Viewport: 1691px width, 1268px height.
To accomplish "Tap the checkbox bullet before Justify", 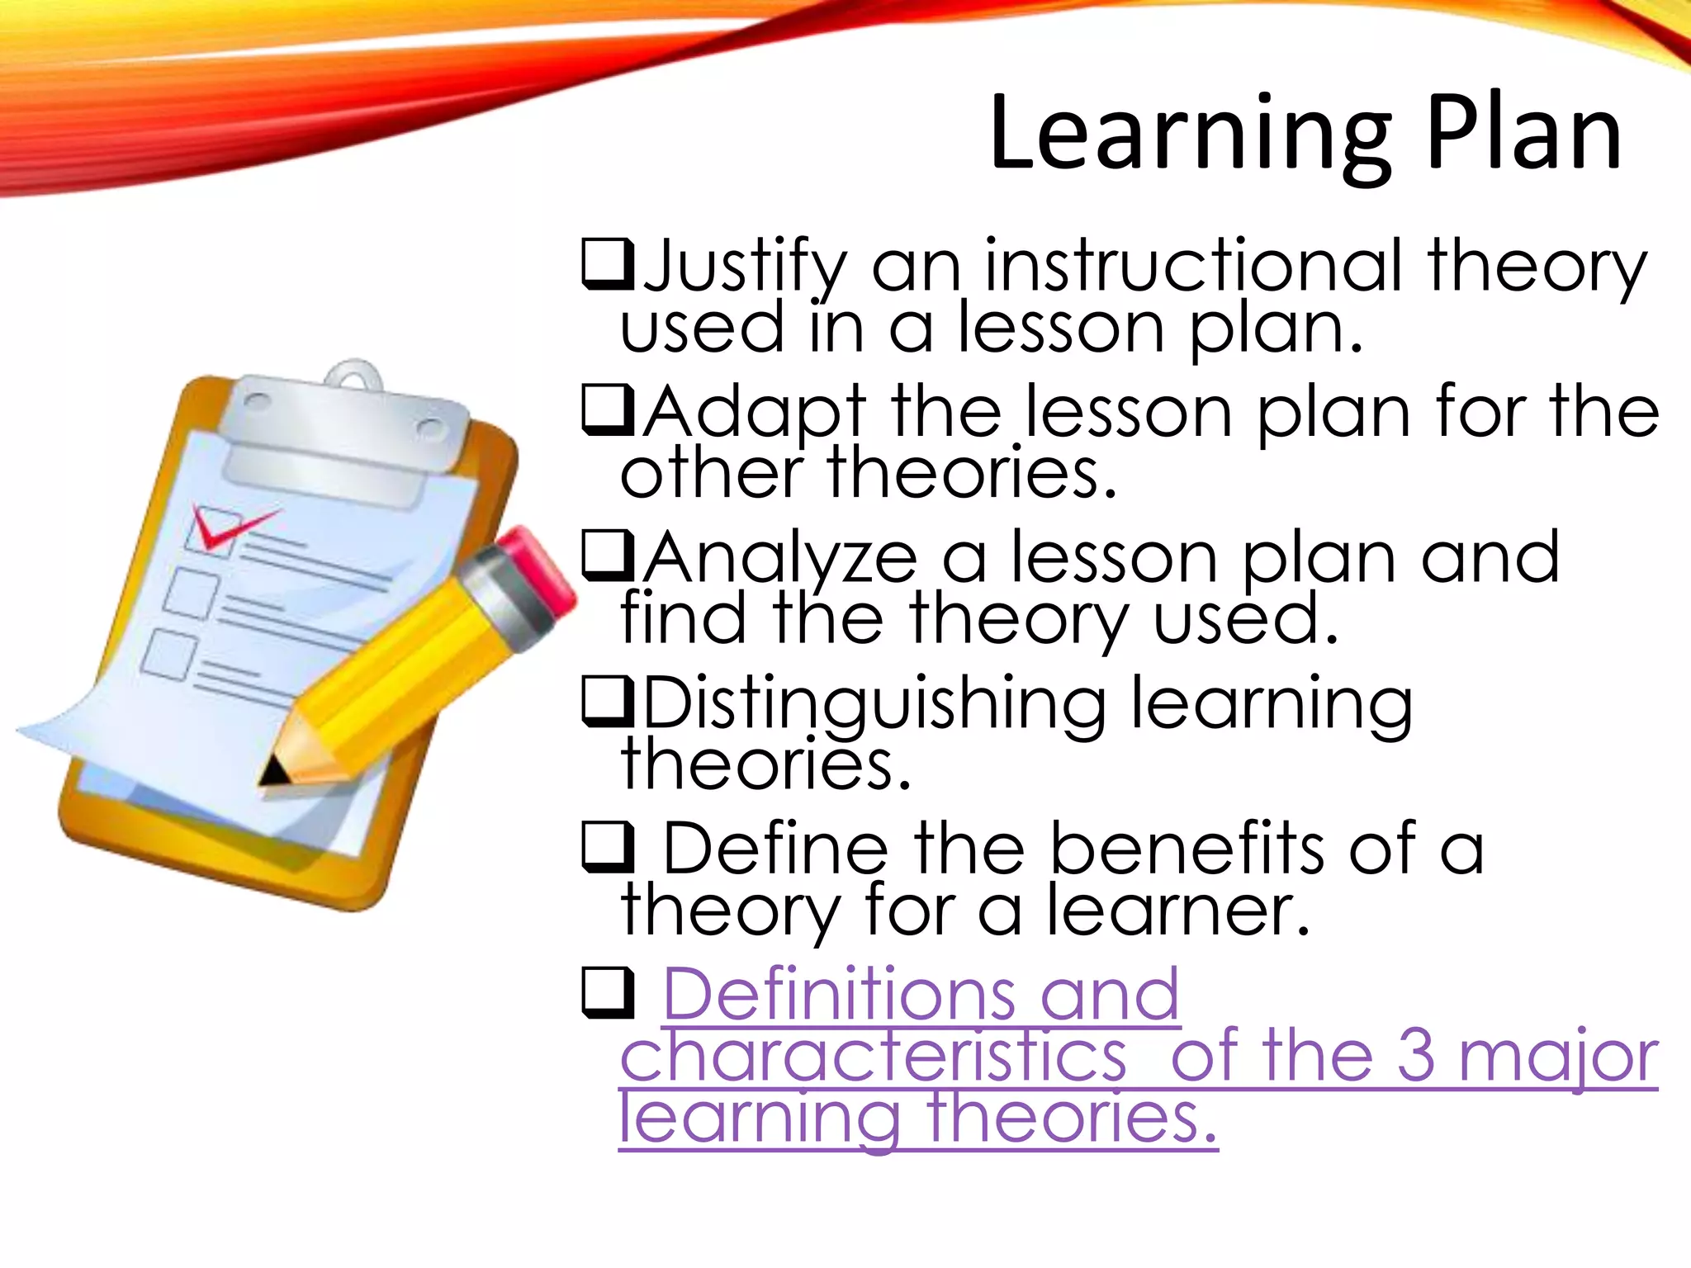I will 608,264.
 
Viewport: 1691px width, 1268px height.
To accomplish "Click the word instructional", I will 1193,266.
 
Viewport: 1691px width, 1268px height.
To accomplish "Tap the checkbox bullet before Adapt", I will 608,410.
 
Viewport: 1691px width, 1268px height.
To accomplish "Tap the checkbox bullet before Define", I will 608,848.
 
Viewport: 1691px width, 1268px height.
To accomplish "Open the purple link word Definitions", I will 838,994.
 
